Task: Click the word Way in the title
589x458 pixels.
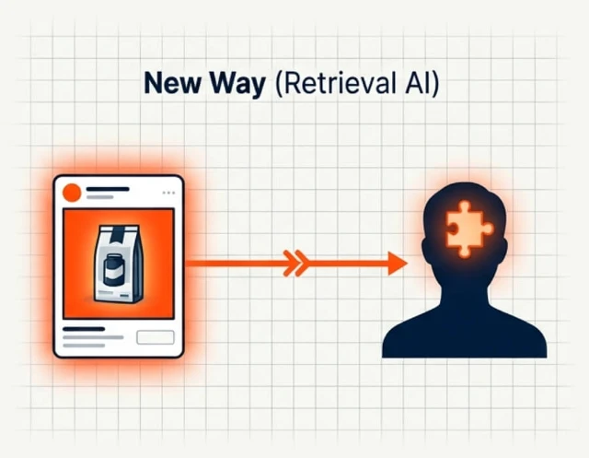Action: click(x=237, y=84)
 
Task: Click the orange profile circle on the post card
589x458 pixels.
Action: click(x=72, y=193)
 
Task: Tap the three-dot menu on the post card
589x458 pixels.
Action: click(x=168, y=193)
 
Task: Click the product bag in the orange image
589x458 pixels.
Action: click(x=118, y=264)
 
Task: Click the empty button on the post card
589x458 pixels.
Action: click(x=156, y=337)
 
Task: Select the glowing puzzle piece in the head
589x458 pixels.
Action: click(x=468, y=229)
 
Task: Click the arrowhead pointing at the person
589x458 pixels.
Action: click(x=398, y=264)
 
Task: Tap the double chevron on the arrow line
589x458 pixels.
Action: click(x=296, y=264)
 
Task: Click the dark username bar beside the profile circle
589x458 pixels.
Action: click(x=108, y=189)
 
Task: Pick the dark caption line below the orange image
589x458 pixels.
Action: click(x=84, y=329)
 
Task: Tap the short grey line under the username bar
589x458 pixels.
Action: click(x=100, y=197)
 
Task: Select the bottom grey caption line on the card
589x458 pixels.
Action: click(x=84, y=346)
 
